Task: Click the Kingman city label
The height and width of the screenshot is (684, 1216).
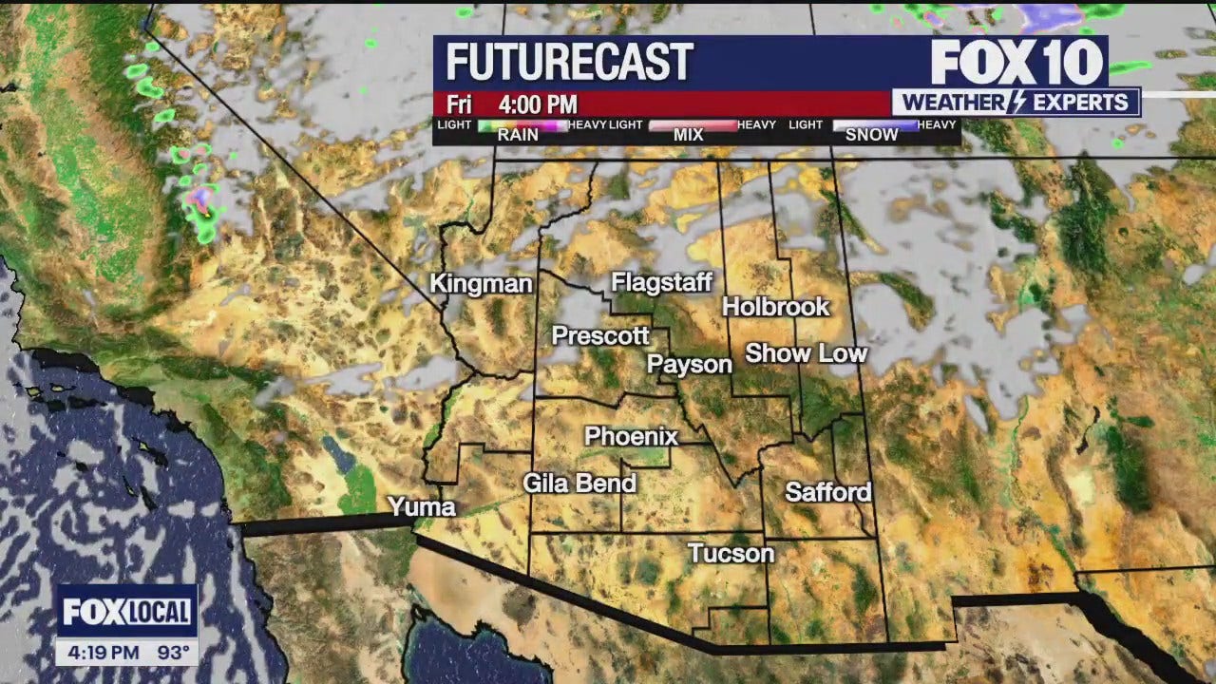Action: coord(481,283)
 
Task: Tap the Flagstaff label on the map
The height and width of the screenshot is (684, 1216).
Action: coord(661,281)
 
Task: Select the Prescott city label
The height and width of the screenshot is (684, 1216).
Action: coord(600,335)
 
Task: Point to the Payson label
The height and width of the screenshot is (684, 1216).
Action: coord(690,364)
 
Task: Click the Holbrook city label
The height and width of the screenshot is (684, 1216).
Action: coord(775,306)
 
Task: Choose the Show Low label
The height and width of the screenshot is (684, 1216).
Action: coord(806,353)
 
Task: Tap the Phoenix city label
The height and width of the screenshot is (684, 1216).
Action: coord(631,436)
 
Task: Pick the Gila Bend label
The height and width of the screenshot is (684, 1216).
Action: coord(579,484)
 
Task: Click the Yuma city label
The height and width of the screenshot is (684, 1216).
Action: coord(421,506)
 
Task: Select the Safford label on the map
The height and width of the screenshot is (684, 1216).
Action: coord(827,492)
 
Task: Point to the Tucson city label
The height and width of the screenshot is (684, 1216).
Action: coord(731,553)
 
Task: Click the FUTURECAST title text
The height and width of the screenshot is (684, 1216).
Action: coord(569,63)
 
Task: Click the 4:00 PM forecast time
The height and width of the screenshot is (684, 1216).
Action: coord(538,104)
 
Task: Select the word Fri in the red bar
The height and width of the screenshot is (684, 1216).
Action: coord(459,104)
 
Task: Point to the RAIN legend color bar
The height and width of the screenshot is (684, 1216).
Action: coord(522,124)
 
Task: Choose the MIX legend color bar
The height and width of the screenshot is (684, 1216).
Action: coord(692,124)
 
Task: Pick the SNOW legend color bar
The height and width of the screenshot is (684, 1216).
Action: coord(874,124)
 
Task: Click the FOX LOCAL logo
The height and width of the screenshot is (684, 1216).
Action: coord(127,612)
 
